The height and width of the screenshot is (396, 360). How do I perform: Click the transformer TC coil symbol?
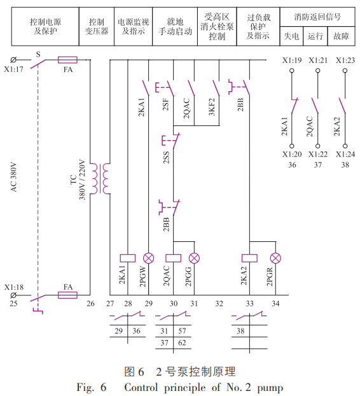100,178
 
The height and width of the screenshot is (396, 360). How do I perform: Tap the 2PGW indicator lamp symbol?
149,258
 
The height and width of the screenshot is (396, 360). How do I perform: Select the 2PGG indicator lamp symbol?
194,258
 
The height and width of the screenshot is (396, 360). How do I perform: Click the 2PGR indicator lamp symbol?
275,258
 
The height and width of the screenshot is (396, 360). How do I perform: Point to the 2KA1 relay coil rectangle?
128,258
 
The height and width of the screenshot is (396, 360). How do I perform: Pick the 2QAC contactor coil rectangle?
173,258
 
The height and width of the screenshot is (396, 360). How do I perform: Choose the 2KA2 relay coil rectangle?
249,258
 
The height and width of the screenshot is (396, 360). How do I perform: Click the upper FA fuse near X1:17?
67,60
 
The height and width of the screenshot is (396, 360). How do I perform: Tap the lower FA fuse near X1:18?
67,295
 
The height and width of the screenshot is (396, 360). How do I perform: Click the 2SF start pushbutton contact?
165,88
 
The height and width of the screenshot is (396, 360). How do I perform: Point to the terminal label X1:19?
292,60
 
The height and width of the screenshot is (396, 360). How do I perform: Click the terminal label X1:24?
345,154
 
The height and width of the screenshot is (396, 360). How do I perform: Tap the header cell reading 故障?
342,36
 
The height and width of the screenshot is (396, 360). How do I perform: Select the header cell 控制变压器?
97,27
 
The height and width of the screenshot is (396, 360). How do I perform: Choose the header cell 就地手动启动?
175,27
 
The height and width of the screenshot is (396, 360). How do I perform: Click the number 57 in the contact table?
182,330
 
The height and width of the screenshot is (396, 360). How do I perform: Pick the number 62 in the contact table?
182,343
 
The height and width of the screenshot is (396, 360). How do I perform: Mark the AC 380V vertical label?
13,177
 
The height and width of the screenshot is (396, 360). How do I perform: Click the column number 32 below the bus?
219,303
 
